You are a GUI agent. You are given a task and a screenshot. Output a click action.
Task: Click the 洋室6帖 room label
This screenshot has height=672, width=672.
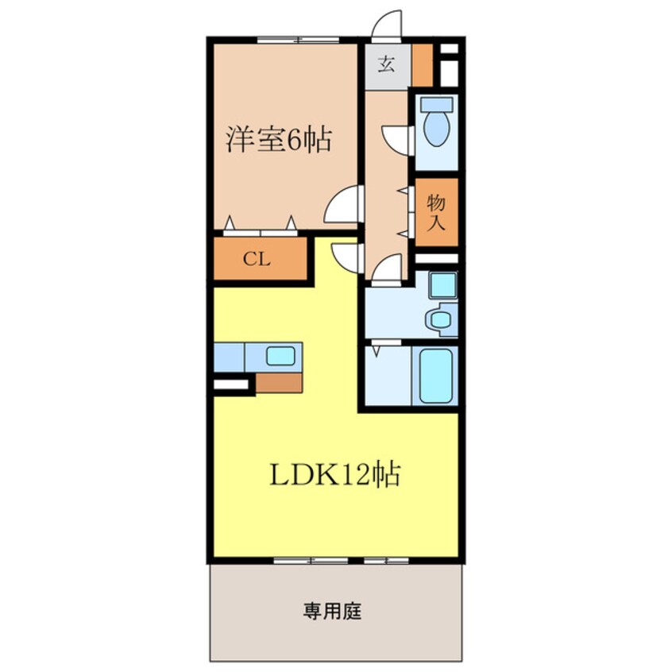pyautogui.click(x=279, y=141)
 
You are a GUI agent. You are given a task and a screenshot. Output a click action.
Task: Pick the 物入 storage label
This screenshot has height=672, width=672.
pyautogui.click(x=435, y=211)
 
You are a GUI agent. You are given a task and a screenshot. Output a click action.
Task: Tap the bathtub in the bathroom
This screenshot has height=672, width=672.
pyautogui.click(x=435, y=375)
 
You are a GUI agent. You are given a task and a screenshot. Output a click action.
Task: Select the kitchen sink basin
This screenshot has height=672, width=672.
pyautogui.click(x=280, y=355)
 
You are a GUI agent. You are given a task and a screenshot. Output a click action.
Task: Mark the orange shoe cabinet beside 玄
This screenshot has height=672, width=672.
pyautogui.click(x=423, y=66)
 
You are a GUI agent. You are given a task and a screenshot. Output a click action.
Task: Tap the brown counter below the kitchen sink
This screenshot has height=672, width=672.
pyautogui.click(x=279, y=382)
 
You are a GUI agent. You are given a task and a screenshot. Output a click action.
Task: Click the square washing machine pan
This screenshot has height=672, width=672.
pyautogui.click(x=442, y=285)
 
